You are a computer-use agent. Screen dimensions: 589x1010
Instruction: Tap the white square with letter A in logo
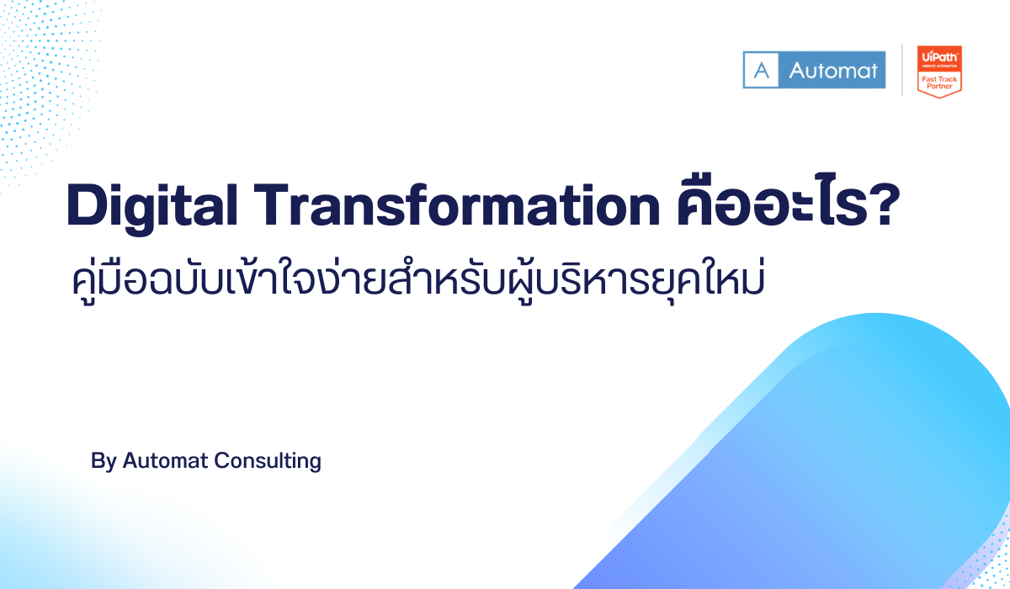762,70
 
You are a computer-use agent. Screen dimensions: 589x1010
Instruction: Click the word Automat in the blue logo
832,70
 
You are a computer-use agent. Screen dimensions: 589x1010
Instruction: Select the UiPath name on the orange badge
938,55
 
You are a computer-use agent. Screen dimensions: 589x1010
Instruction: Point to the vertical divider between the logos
902,70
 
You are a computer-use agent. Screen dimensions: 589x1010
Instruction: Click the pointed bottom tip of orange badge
938,97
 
